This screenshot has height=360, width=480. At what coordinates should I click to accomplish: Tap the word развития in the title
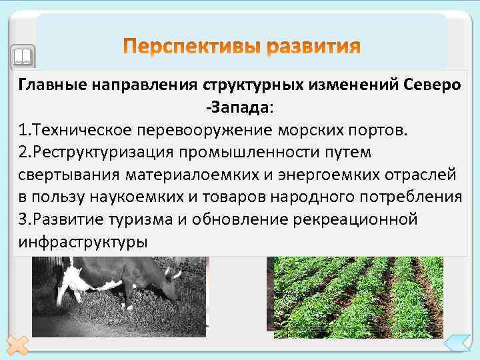tap(313, 47)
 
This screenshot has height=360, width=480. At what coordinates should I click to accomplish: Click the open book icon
tap(23, 55)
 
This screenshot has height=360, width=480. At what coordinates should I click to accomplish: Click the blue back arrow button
tap(457, 344)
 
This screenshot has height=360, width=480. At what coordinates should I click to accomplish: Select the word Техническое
tap(85, 129)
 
